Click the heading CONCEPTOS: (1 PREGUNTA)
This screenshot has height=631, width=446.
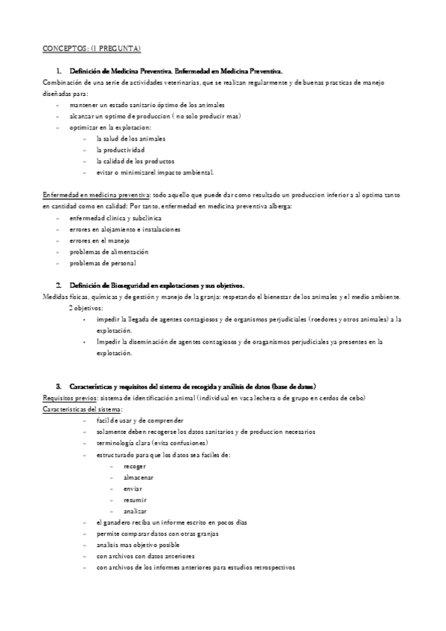(x=92, y=48)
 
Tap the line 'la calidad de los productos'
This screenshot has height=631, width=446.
(x=130, y=161)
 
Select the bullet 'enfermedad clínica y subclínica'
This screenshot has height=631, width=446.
(x=112, y=217)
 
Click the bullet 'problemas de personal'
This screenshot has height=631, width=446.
(x=103, y=263)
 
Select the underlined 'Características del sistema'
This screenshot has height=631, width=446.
(x=83, y=409)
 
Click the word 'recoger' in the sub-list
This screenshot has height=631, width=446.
(x=136, y=466)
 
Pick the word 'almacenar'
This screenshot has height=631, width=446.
(x=138, y=477)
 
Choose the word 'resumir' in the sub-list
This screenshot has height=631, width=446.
(x=136, y=499)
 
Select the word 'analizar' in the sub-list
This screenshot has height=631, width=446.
(x=136, y=511)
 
